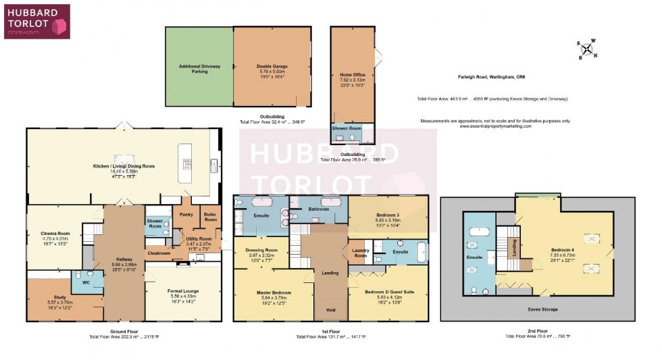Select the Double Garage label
[272, 66]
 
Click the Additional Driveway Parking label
[199, 68]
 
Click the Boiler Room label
[210, 217]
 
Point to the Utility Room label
[191, 239]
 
